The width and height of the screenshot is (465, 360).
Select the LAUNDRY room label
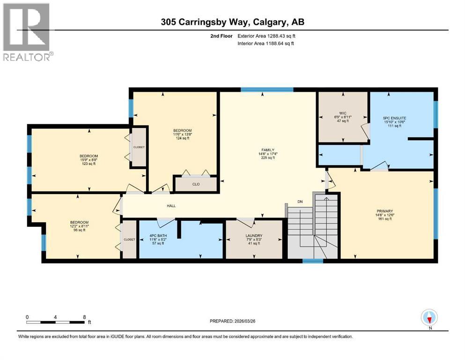[253, 236]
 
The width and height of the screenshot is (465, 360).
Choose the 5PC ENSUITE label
[392, 118]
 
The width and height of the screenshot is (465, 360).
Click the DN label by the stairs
[301, 202]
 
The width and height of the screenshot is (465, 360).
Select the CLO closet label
[196, 184]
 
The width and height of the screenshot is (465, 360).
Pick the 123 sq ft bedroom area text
[88, 164]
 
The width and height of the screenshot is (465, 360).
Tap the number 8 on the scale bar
[84, 317]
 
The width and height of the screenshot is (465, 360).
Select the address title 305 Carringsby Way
[233, 22]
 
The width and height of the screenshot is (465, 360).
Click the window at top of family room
[267, 89]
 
